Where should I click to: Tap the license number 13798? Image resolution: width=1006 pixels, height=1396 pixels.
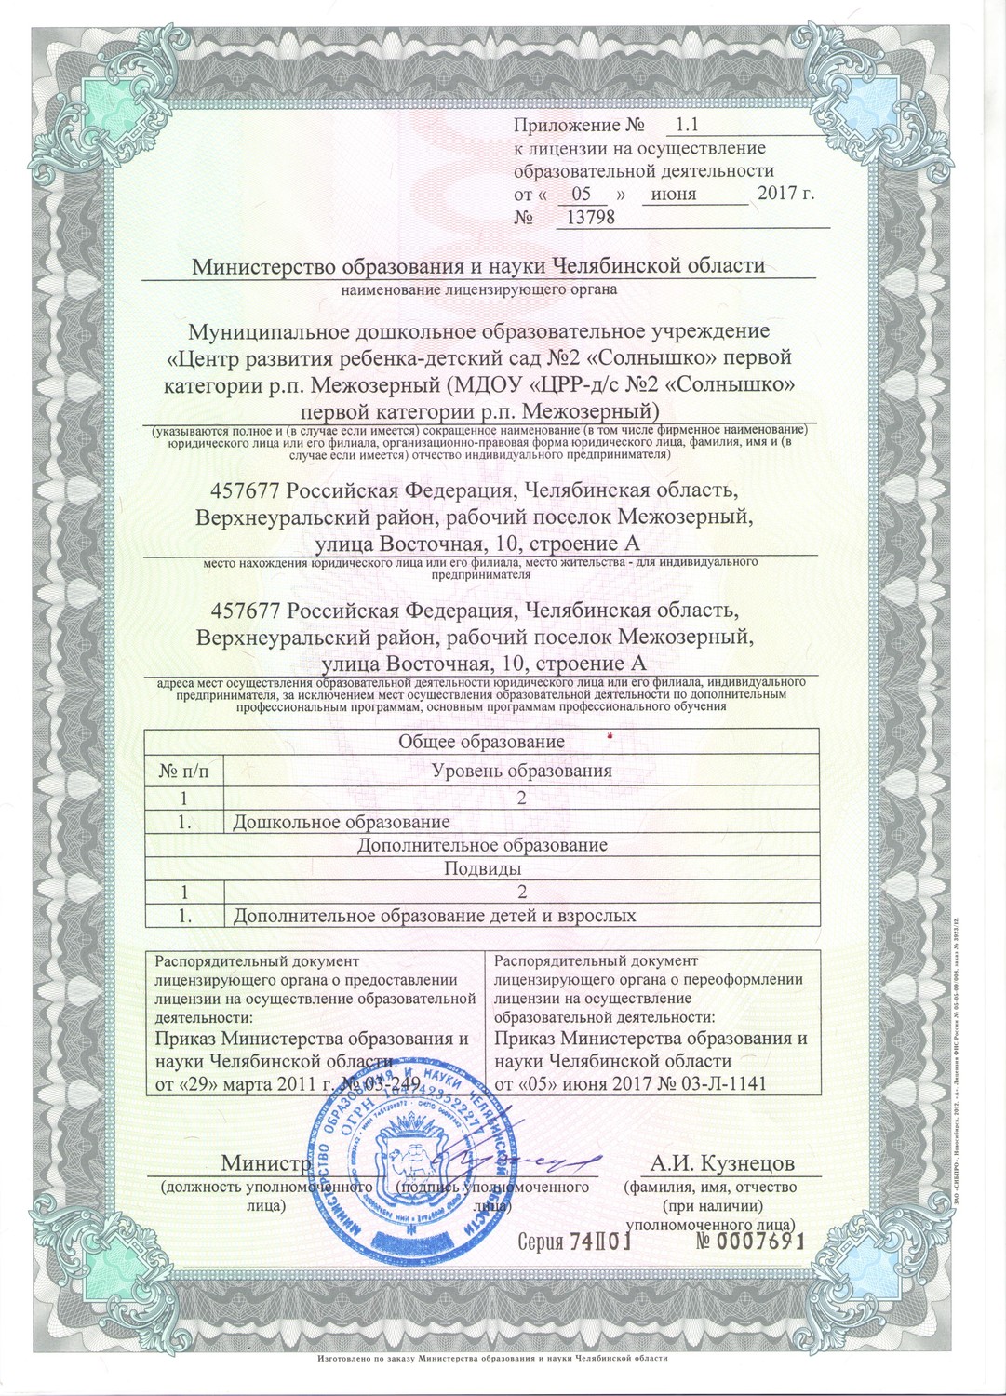point(585,218)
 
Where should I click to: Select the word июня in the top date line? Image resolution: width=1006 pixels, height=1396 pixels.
point(675,195)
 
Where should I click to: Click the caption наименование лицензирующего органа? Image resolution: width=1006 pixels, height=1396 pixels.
point(479,289)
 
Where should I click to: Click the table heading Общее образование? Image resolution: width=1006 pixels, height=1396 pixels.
point(481,742)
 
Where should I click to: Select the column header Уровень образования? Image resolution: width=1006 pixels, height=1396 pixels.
point(522,770)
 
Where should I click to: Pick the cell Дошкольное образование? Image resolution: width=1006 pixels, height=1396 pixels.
point(342,822)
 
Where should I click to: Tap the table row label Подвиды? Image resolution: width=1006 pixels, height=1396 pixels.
point(481,868)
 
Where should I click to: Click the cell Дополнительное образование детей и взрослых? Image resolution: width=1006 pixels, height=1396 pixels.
point(435,916)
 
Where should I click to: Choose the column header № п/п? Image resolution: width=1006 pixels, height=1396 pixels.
point(184,770)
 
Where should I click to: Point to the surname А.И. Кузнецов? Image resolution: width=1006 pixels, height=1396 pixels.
point(722,1165)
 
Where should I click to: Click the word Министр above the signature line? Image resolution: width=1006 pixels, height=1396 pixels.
point(264,1164)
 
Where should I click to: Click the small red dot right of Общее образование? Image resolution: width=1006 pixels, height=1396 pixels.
point(610,737)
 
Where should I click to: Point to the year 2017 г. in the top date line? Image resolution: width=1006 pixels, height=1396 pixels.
point(786,195)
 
